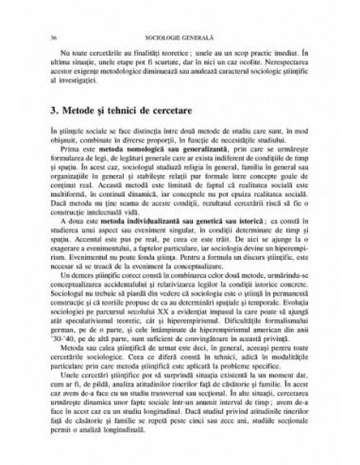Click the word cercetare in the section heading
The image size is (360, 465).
coord(189,136)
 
